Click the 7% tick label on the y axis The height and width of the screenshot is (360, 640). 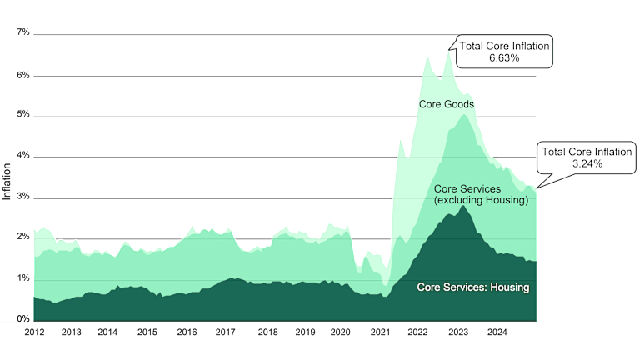pyautogui.click(x=22, y=32)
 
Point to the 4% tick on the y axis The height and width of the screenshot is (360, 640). pyautogui.click(x=22, y=155)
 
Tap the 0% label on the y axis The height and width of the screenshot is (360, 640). pyautogui.click(x=22, y=319)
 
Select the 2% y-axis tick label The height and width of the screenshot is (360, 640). pyautogui.click(x=22, y=237)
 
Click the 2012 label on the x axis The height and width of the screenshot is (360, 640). pyautogui.click(x=34, y=332)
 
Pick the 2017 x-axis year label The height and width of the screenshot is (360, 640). pyautogui.click(x=225, y=332)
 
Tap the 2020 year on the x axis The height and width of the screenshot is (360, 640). pyautogui.click(x=340, y=332)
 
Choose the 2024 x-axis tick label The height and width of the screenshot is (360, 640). pyautogui.click(x=497, y=332)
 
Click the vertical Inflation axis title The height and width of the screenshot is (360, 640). pyautogui.click(x=7, y=180)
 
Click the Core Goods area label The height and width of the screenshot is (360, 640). pyautogui.click(x=446, y=104)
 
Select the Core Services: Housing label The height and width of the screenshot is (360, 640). pyautogui.click(x=473, y=287)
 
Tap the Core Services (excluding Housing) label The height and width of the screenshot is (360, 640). pyautogui.click(x=482, y=195)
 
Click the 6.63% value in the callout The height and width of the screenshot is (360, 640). pyautogui.click(x=503, y=58)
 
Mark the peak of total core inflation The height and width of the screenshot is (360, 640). pyautogui.click(x=447, y=51)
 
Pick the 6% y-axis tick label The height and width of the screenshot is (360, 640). pyautogui.click(x=22, y=75)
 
